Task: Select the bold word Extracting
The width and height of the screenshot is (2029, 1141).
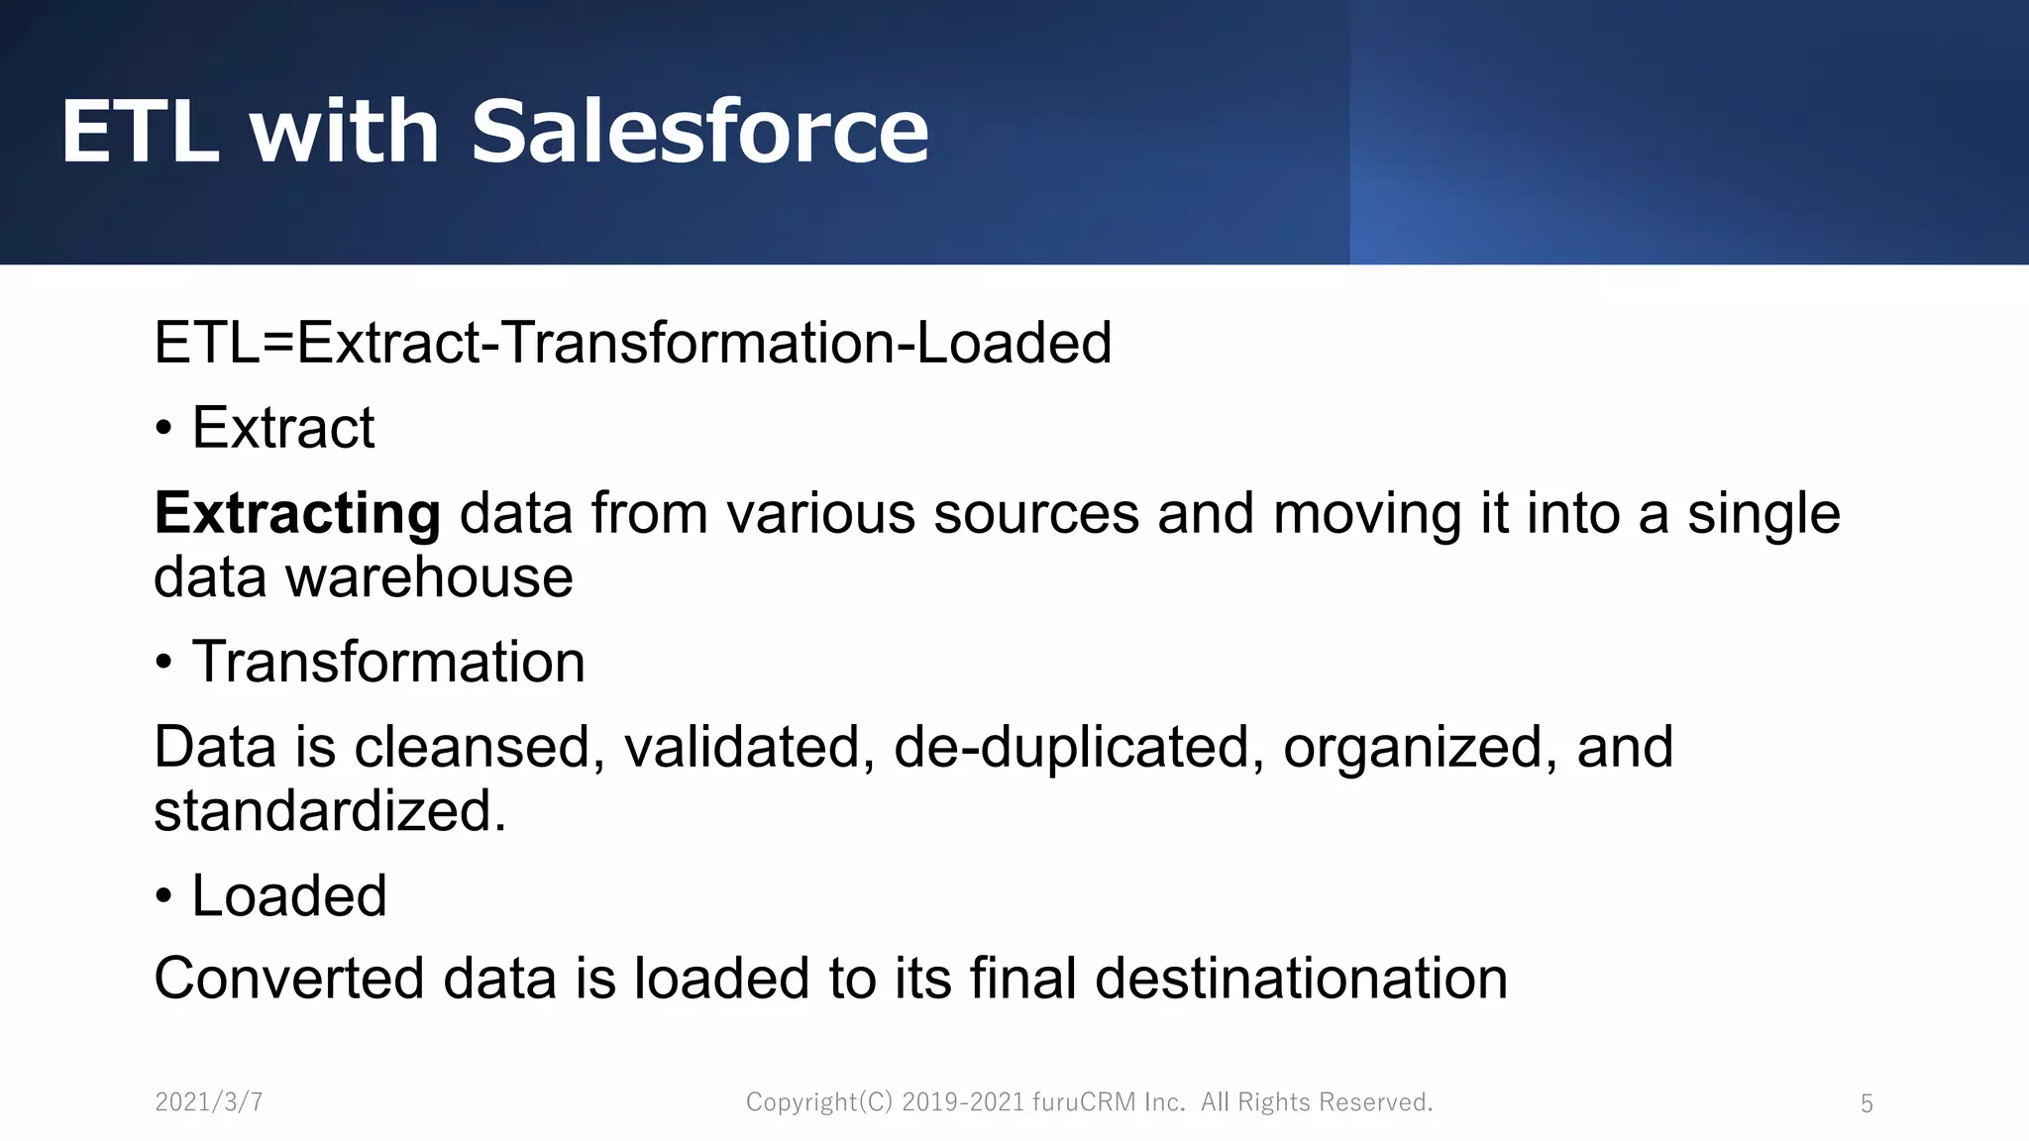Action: pyautogui.click(x=297, y=514)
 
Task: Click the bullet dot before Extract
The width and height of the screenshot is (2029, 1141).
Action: pyautogui.click(x=164, y=430)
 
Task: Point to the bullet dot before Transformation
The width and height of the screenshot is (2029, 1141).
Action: pyautogui.click(x=164, y=664)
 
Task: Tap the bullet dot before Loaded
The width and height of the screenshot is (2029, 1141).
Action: pyautogui.click(x=164, y=897)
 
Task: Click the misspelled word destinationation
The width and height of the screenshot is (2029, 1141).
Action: pyautogui.click(x=1301, y=979)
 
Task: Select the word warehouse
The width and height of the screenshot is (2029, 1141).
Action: pyautogui.click(x=429, y=577)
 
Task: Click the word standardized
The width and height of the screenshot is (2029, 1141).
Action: pyautogui.click(x=330, y=811)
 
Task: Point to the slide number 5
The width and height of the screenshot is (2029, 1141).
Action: pyautogui.click(x=1867, y=1103)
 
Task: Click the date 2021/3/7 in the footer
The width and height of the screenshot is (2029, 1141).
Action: pyautogui.click(x=209, y=1102)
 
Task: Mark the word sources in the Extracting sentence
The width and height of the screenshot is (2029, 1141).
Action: pyautogui.click(x=1036, y=514)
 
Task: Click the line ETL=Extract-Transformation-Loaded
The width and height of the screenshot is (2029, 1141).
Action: pyautogui.click(x=632, y=344)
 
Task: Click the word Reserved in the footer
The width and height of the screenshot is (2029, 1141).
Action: pyautogui.click(x=1375, y=1102)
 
